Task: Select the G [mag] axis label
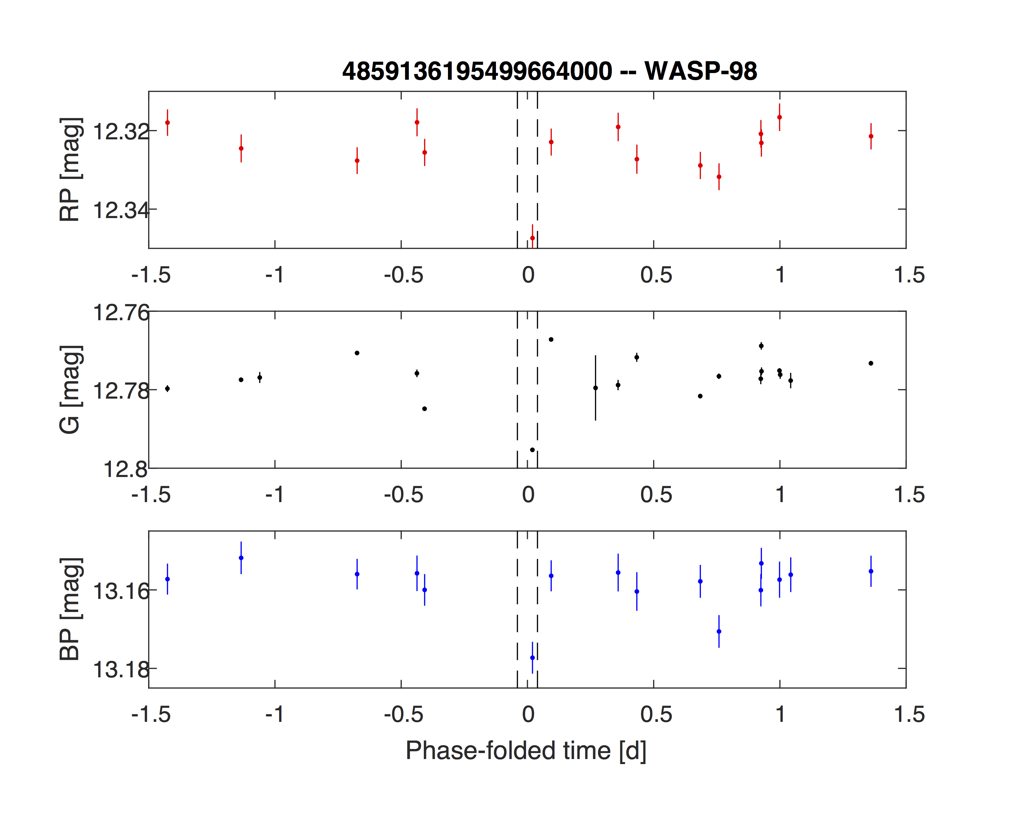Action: pos(70,390)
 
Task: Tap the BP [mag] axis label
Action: pos(70,609)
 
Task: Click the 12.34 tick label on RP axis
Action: pos(121,210)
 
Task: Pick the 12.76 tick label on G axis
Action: pos(121,313)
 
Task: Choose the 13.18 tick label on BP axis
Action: pos(121,670)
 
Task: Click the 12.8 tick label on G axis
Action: pos(125,470)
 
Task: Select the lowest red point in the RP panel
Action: pos(532,238)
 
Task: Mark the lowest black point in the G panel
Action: pos(532,450)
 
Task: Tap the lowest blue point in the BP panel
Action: pos(532,658)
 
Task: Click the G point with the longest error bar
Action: pos(596,388)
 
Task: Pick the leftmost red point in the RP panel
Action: pos(168,123)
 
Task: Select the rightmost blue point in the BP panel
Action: pos(871,571)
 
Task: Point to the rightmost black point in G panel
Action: pos(871,363)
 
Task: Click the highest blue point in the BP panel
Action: pos(241,558)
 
